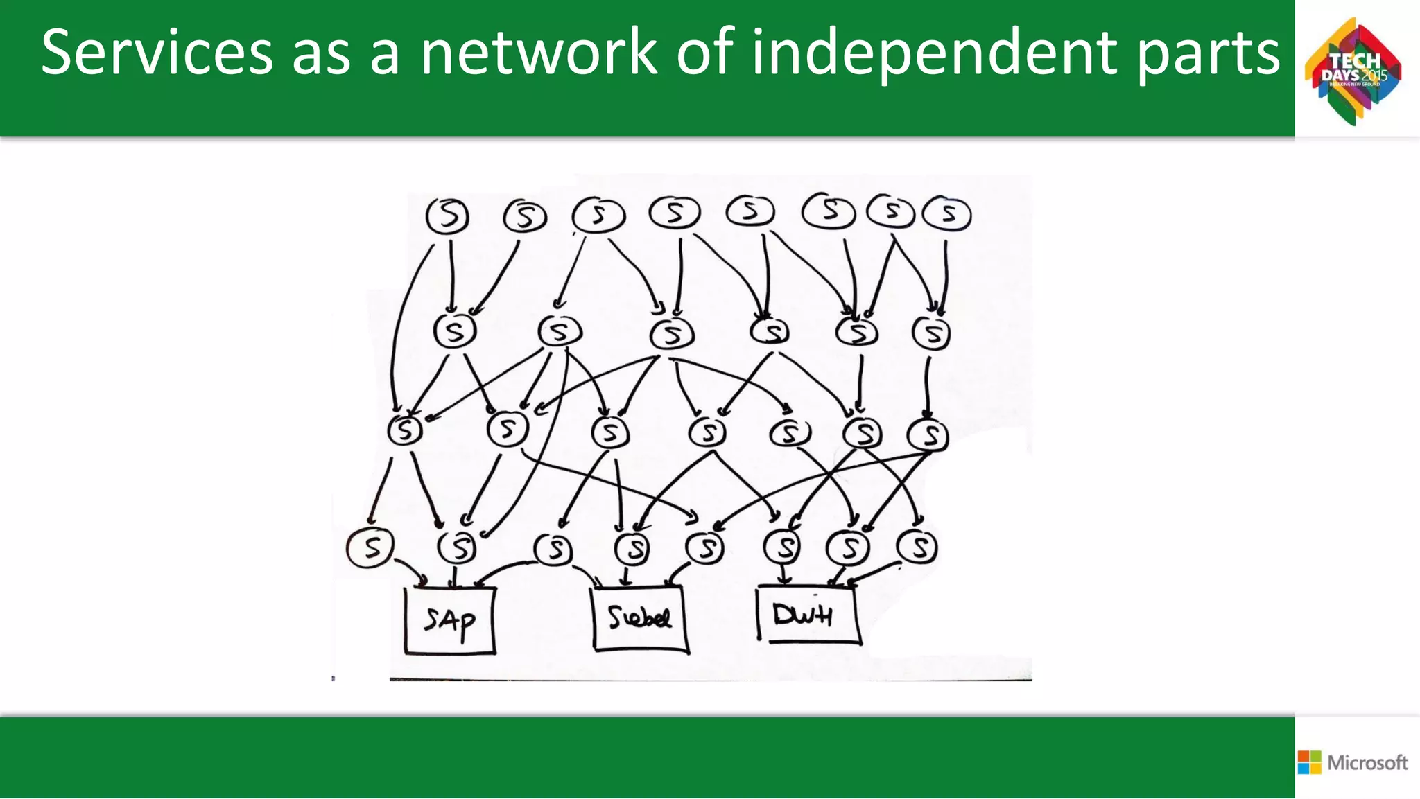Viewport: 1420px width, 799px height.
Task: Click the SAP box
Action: [x=450, y=620]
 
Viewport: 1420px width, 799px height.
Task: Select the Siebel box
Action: [x=639, y=618]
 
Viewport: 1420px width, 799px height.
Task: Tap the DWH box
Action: [x=807, y=614]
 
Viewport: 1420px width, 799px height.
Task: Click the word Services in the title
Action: [x=157, y=53]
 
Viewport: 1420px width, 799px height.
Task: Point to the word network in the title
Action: [x=539, y=53]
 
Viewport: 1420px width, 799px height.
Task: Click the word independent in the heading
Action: [x=935, y=53]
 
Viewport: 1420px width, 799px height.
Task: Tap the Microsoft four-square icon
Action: [x=1309, y=762]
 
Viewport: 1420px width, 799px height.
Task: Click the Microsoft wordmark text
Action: [x=1367, y=762]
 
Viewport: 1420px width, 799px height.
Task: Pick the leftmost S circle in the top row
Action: [x=447, y=216]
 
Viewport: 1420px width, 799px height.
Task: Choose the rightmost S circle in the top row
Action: [x=947, y=213]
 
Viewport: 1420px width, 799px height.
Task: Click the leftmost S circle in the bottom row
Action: [x=370, y=547]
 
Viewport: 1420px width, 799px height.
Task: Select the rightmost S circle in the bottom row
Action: [x=917, y=547]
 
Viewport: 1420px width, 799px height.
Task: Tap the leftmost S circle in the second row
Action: [x=455, y=331]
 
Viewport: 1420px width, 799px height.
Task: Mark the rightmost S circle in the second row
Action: [x=931, y=333]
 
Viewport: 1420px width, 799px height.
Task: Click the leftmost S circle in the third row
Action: [x=405, y=430]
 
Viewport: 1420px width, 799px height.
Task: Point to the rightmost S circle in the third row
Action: [x=928, y=434]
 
